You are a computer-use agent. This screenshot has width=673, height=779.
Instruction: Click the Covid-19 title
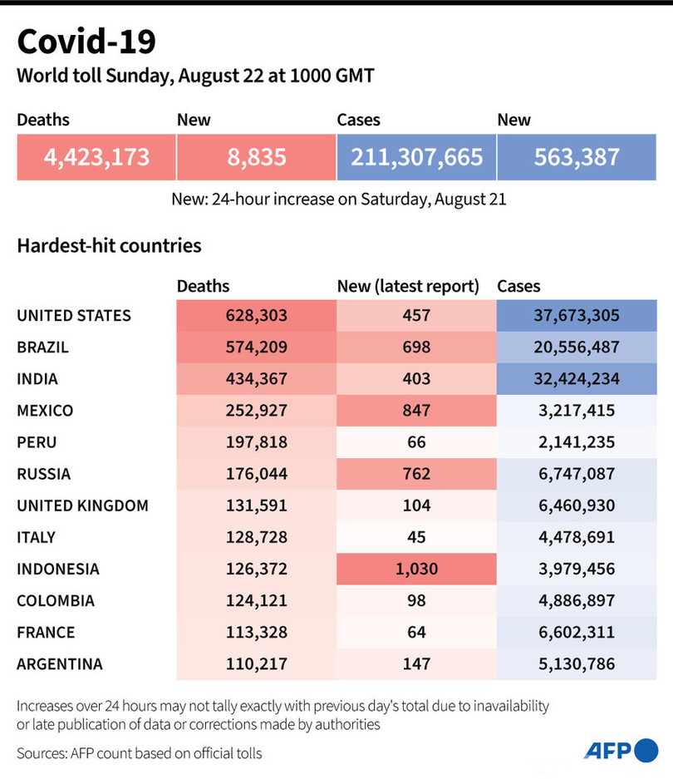[86, 41]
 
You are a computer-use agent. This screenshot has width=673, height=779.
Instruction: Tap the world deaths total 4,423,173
[96, 156]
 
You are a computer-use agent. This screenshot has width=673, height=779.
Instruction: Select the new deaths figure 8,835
[256, 156]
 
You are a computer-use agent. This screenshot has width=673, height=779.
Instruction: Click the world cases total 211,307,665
[416, 156]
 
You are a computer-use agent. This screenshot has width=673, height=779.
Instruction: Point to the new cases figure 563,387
[577, 156]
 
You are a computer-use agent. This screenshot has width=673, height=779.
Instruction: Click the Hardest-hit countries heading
[109, 246]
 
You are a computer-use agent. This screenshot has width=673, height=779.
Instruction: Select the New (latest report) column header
[408, 286]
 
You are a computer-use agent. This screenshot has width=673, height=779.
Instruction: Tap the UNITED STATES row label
[74, 316]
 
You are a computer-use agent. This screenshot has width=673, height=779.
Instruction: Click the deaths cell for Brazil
[256, 348]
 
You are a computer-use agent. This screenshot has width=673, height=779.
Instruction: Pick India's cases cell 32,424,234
[577, 379]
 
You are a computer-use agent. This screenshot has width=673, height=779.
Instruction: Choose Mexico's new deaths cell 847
[416, 411]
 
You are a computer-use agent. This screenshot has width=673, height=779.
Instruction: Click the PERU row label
[37, 442]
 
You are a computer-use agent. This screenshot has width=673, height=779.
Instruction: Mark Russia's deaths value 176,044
[256, 474]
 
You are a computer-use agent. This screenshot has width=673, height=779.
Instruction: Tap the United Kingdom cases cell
[577, 505]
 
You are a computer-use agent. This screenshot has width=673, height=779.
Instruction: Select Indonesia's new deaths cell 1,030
[416, 569]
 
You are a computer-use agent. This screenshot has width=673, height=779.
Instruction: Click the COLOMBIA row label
[56, 601]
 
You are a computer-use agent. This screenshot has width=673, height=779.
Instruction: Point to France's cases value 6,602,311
[577, 633]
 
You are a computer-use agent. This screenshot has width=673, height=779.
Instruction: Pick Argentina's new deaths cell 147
[416, 664]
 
